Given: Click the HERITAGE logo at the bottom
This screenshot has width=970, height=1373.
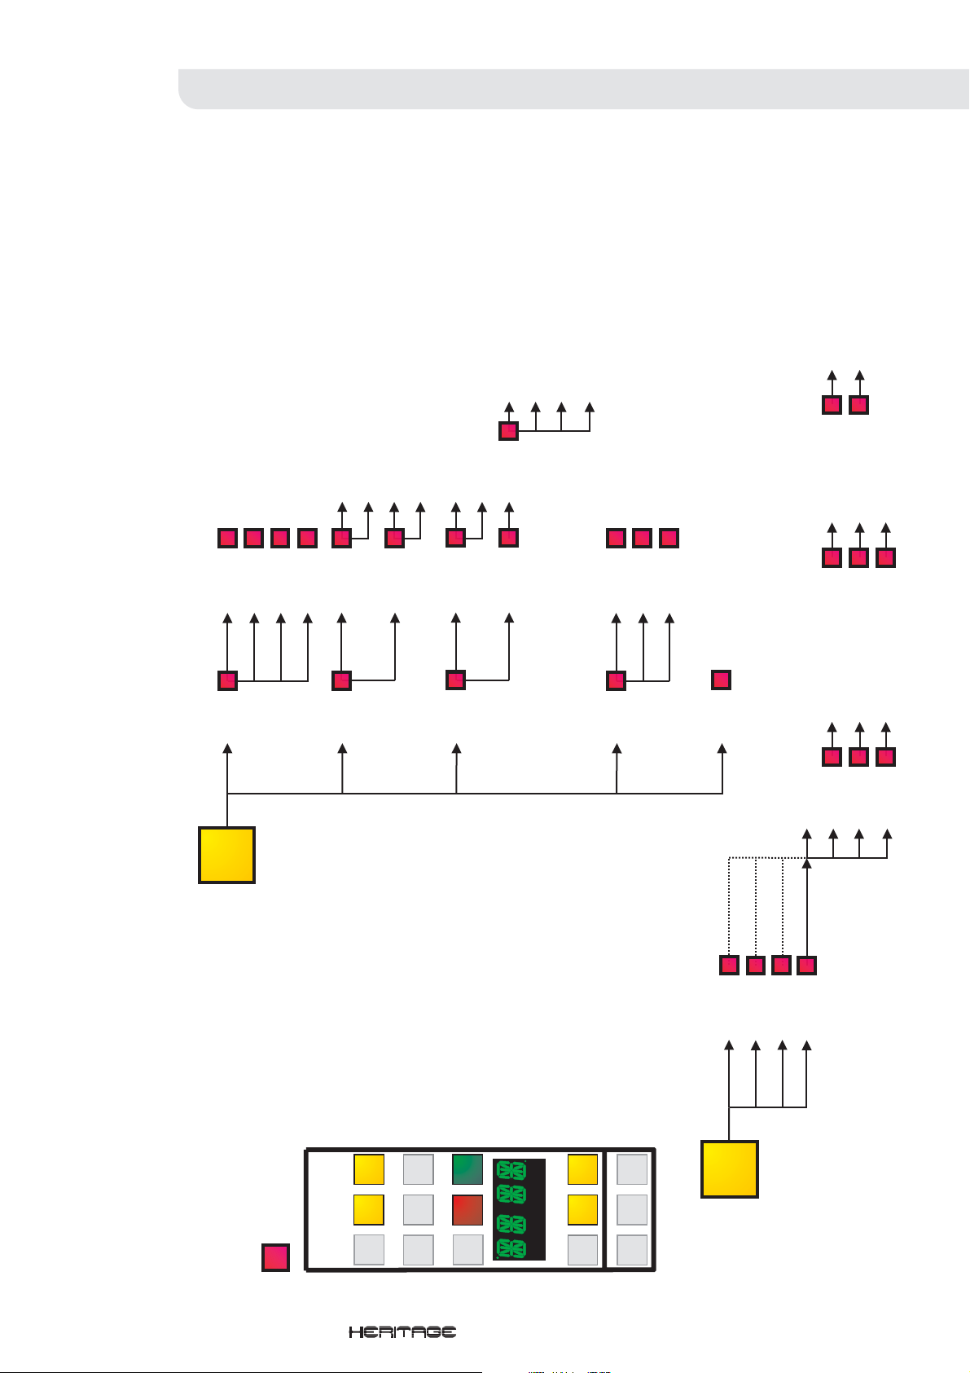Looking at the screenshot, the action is (x=402, y=1332).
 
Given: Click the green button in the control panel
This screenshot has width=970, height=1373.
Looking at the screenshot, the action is (x=467, y=1169).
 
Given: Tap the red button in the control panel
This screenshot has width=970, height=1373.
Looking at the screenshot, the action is (x=467, y=1210).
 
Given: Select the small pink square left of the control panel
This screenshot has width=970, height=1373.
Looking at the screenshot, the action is (x=276, y=1257).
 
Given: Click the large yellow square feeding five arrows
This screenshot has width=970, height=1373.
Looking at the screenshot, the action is (x=227, y=855).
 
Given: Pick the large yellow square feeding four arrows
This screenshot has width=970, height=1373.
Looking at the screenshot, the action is (x=730, y=1168).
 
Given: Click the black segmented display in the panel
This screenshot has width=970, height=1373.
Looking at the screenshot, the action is (x=519, y=1209).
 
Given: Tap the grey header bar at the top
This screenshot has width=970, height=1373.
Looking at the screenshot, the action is (x=570, y=89).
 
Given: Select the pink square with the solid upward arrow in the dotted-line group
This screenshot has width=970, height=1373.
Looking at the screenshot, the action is (x=806, y=966).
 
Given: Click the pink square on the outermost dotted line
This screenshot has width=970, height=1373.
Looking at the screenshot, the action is (x=729, y=966).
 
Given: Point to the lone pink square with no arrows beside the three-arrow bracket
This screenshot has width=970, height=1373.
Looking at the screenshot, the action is (x=721, y=680).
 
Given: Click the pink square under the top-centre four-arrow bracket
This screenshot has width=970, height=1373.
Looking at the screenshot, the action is (x=508, y=430).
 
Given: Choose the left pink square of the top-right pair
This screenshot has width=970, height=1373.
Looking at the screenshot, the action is (x=832, y=405).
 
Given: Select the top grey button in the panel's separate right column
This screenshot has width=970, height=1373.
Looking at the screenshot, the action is (x=632, y=1169).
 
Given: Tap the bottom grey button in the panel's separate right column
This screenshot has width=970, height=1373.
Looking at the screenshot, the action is (x=632, y=1250).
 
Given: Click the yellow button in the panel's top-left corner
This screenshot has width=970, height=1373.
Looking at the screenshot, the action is (x=369, y=1169).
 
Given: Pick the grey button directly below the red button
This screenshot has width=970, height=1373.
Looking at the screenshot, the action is (x=467, y=1250).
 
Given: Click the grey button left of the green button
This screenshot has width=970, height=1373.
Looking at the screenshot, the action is (x=419, y=1169).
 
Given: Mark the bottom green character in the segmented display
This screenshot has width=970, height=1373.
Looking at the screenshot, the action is (x=511, y=1248).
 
